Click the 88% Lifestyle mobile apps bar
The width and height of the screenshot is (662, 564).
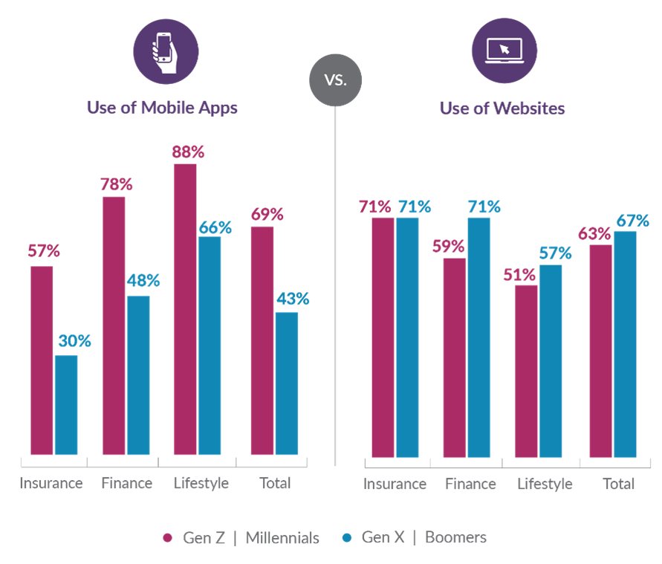185,308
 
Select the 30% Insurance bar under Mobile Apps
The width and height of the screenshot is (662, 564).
65,405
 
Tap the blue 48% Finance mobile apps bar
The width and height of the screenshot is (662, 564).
137,375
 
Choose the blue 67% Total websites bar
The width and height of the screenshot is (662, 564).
625,344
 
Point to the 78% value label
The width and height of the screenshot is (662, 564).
116,184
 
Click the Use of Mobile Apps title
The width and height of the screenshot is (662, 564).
162,107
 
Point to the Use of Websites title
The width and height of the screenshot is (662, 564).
502,108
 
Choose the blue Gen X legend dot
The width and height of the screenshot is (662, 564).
345,537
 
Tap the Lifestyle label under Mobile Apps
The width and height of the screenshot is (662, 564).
201,484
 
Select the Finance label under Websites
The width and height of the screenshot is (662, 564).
470,484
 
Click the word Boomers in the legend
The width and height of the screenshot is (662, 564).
455,537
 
